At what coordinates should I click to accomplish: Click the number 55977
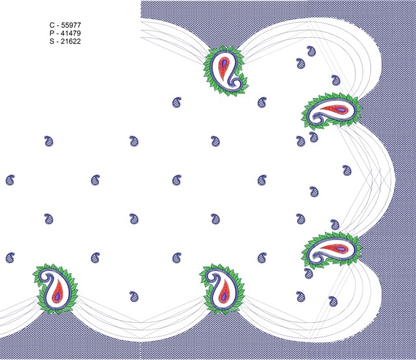coord(71,25)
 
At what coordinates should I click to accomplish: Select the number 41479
coord(71,33)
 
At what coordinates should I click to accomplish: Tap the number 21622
coord(71,41)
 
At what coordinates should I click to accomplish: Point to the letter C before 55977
coord(52,25)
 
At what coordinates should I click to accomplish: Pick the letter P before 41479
coord(52,33)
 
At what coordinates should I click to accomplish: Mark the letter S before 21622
coord(52,41)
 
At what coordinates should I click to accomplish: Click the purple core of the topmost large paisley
coord(224,63)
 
